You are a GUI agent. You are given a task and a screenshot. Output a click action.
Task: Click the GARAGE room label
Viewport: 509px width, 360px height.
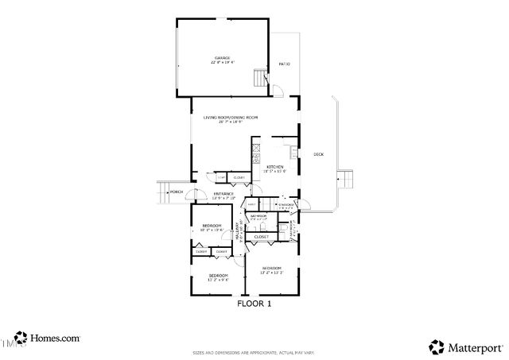coord(222,59)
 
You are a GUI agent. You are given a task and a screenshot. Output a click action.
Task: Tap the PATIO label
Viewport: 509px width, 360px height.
coord(284,64)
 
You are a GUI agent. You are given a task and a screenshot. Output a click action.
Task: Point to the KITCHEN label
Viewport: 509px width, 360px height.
coord(275,167)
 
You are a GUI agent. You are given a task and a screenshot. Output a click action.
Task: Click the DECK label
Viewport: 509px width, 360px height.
coord(318,154)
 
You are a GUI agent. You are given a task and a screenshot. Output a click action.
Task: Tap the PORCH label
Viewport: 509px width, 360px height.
coord(177,192)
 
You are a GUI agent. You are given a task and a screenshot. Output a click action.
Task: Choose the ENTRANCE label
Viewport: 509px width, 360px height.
coord(223,193)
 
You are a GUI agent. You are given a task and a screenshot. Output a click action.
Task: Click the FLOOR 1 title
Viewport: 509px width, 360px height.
coord(254,304)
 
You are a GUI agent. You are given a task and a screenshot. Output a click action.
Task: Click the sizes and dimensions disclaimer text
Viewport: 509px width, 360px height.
coord(254,352)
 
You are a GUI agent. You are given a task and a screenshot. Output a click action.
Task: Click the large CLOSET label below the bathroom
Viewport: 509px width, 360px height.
coord(260,237)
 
